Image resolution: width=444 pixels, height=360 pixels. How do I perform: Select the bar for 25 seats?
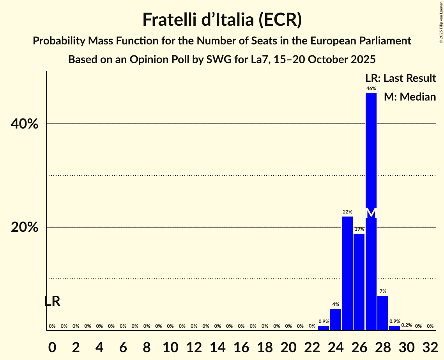(x=347, y=273)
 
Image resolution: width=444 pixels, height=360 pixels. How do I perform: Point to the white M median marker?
(x=371, y=213)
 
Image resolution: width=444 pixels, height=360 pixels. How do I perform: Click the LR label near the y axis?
(x=52, y=301)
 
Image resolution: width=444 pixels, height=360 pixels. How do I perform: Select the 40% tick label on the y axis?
(x=25, y=124)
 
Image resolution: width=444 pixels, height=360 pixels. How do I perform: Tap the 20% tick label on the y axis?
(x=25, y=228)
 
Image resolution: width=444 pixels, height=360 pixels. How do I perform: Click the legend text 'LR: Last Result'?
(x=400, y=78)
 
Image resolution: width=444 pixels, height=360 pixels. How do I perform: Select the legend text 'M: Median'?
(x=410, y=97)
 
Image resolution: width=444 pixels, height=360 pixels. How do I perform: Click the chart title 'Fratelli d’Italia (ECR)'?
(x=222, y=20)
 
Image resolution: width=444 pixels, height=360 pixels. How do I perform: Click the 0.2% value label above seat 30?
(x=407, y=325)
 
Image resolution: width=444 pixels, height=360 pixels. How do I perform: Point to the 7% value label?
(x=383, y=291)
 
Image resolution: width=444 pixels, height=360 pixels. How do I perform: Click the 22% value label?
(x=347, y=212)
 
